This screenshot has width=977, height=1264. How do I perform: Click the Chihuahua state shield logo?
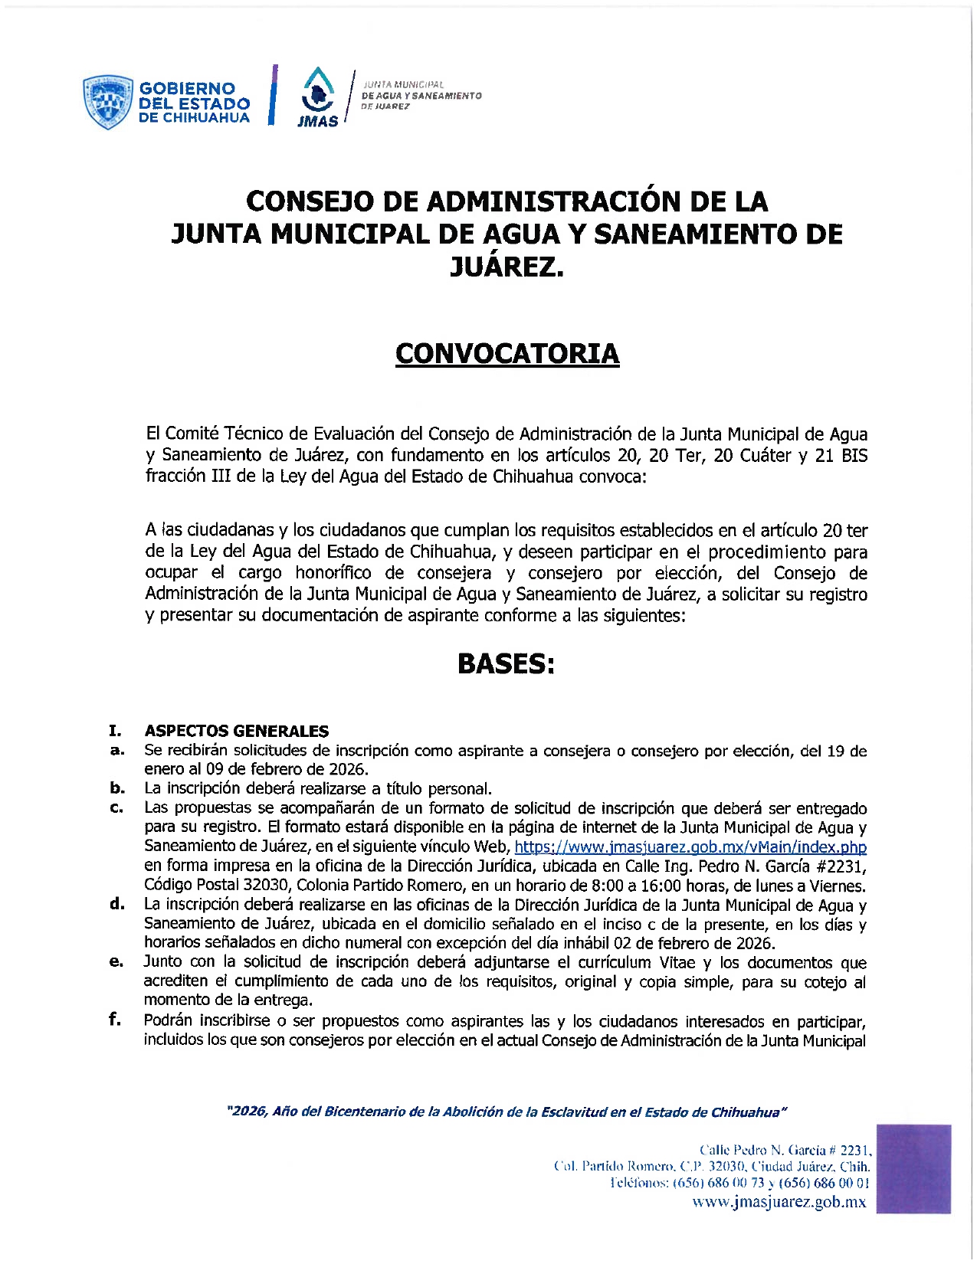pos(107,102)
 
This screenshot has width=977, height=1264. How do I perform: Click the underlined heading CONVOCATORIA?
pos(507,353)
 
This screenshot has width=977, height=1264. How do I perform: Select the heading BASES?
pos(506,663)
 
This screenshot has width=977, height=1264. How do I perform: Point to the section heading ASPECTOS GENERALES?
pos(237,731)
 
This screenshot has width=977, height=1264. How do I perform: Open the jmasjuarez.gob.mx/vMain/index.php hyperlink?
pos(690,847)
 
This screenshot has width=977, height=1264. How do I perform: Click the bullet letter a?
pos(116,751)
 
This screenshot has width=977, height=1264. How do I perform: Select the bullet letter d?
pos(116,905)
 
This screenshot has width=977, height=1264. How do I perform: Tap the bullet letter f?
pos(115,1020)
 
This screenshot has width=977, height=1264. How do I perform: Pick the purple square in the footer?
pos(913,1168)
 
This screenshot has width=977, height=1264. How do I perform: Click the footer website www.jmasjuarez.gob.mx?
pos(779,1202)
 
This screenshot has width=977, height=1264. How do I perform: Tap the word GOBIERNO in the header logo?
pos(187,89)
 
